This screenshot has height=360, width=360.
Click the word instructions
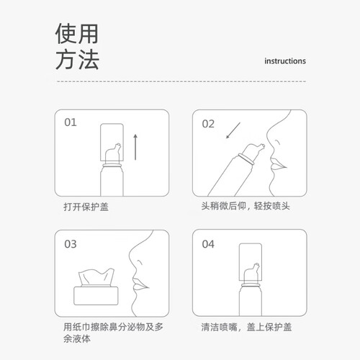285,61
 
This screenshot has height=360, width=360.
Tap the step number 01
71,122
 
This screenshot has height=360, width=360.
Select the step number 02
208,124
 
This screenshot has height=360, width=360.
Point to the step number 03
71,244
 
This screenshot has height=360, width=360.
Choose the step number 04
208,244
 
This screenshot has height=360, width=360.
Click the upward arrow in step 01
135,147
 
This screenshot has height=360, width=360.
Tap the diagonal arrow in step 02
233,130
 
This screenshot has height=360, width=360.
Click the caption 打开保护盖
86,207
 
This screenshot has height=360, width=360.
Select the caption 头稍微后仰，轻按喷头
246,206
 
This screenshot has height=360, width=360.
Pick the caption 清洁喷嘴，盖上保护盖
246,327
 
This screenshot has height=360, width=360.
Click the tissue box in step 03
96,295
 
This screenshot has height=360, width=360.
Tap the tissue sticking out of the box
96,277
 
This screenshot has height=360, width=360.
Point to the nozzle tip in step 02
263,145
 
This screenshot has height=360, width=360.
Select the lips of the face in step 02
278,163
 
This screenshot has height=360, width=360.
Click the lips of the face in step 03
140,284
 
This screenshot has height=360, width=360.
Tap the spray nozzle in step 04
251,273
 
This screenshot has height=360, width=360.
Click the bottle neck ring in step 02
246,159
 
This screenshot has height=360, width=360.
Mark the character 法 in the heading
89,59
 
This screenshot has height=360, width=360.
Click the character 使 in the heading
66,34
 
